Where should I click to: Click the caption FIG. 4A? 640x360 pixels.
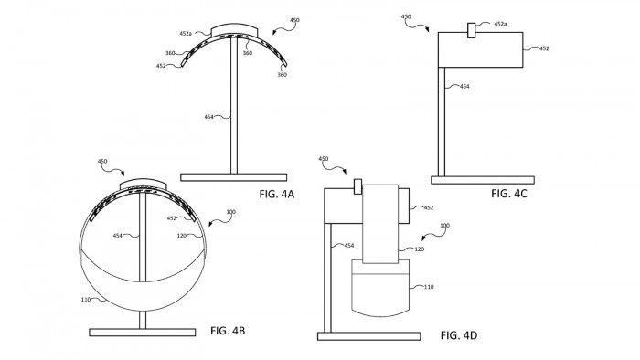277,194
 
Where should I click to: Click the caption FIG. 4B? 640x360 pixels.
228,331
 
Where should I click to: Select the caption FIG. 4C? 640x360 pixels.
509,194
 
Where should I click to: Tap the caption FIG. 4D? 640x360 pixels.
459,335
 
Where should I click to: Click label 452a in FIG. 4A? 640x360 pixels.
186,34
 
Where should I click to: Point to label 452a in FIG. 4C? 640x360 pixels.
500,24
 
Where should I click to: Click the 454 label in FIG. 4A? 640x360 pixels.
208,117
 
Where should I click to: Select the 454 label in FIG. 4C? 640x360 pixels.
464,87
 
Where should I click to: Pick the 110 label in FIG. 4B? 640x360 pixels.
86,300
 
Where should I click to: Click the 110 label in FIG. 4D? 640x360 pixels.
429,287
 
